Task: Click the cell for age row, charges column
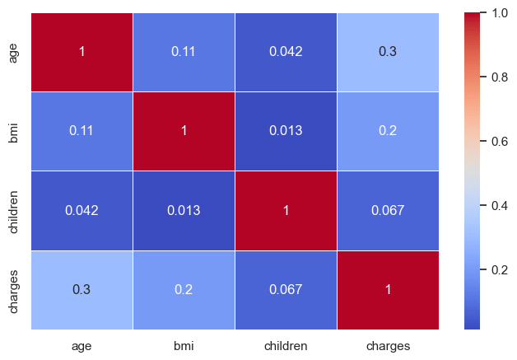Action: pyautogui.click(x=388, y=52)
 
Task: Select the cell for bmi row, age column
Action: pyautogui.click(x=82, y=131)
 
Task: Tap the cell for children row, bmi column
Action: pyautogui.click(x=184, y=210)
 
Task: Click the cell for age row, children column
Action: pyautogui.click(x=286, y=52)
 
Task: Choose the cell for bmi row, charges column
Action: pyautogui.click(x=388, y=131)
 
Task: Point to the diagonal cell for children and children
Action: pyautogui.click(x=286, y=210)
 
